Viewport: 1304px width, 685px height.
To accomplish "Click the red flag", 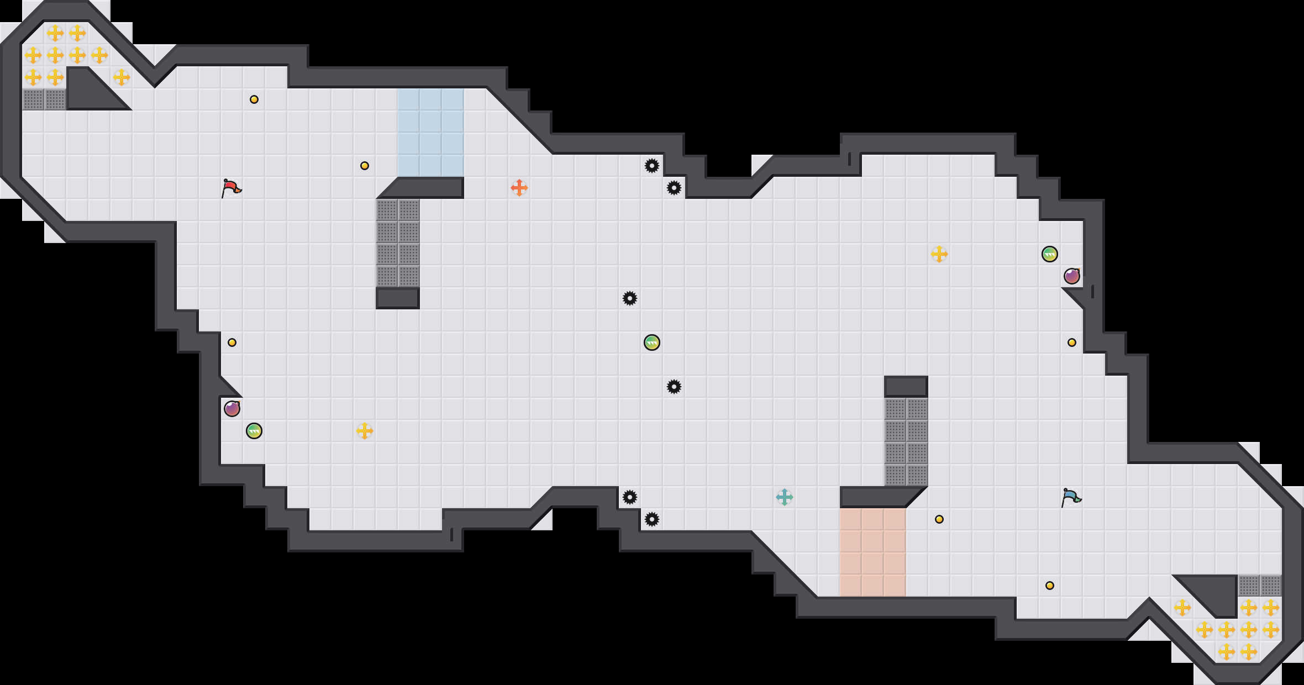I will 231,188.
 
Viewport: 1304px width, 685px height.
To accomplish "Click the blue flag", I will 1071,497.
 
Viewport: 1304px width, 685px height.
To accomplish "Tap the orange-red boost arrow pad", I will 519,188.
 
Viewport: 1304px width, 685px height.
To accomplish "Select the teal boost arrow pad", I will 784,497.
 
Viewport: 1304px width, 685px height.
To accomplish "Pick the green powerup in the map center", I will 652,342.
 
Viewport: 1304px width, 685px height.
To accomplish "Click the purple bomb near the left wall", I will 232,409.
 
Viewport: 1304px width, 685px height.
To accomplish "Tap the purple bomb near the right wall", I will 1072,276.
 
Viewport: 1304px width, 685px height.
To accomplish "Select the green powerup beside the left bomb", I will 254,431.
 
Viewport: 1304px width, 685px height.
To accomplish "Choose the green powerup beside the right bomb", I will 1050,254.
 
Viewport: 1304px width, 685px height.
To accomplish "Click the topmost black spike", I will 652,166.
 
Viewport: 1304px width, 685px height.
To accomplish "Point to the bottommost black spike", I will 652,519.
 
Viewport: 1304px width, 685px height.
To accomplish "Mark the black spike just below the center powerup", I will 674,387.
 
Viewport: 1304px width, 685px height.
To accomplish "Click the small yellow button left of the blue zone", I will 365,166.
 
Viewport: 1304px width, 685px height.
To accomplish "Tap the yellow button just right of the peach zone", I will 939,519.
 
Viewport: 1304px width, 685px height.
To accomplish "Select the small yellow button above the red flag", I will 254,99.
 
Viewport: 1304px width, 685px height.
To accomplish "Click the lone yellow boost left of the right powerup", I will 939,254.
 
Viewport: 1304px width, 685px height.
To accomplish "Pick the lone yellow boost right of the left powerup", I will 364,431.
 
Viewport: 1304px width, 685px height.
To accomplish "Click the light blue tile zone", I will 430,133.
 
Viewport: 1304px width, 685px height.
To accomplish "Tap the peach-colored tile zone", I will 872,552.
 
